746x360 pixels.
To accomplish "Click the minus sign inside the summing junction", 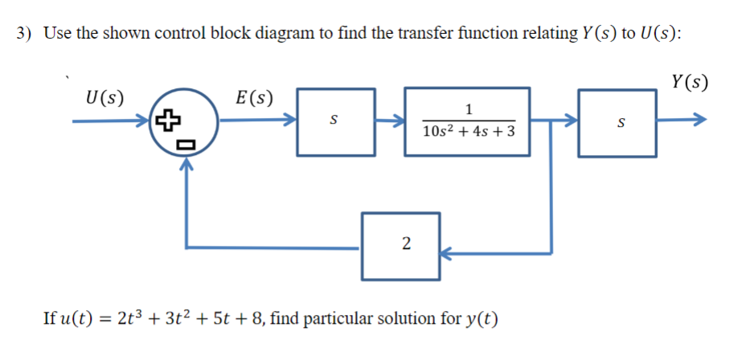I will pyautogui.click(x=185, y=145).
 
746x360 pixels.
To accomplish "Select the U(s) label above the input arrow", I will pyautogui.click(x=105, y=100).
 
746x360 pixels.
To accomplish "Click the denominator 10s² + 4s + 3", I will pyautogui.click(x=469, y=130).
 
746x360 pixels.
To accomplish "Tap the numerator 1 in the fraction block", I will pyautogui.click(x=469, y=110).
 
